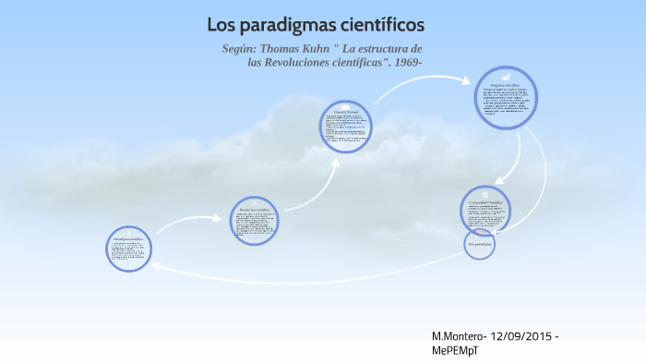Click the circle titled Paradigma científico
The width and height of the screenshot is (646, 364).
[x=129, y=249]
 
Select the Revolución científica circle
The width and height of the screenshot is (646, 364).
[x=254, y=220]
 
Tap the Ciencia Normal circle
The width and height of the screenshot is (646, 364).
[x=346, y=127]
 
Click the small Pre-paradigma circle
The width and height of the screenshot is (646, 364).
[x=480, y=245]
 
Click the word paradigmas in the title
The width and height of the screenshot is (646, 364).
[x=290, y=25]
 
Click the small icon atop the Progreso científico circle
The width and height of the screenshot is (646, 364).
[x=506, y=78]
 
